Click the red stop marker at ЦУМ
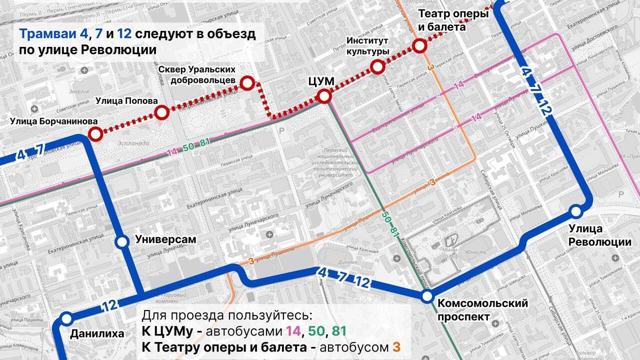[x=324, y=96]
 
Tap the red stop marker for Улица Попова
[x=161, y=113]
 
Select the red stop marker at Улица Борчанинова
[x=95, y=133]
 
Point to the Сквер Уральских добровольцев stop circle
[x=247, y=83]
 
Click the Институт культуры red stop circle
[x=377, y=66]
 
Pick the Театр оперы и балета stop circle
[x=420, y=46]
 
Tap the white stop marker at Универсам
[x=121, y=242]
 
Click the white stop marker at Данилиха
[x=65, y=317]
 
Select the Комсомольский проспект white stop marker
[x=426, y=296]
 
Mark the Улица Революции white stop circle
[x=576, y=211]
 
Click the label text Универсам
[x=165, y=240]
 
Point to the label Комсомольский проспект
[x=482, y=309]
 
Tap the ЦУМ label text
[x=321, y=80]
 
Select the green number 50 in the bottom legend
[x=316, y=331]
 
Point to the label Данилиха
[x=97, y=333]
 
